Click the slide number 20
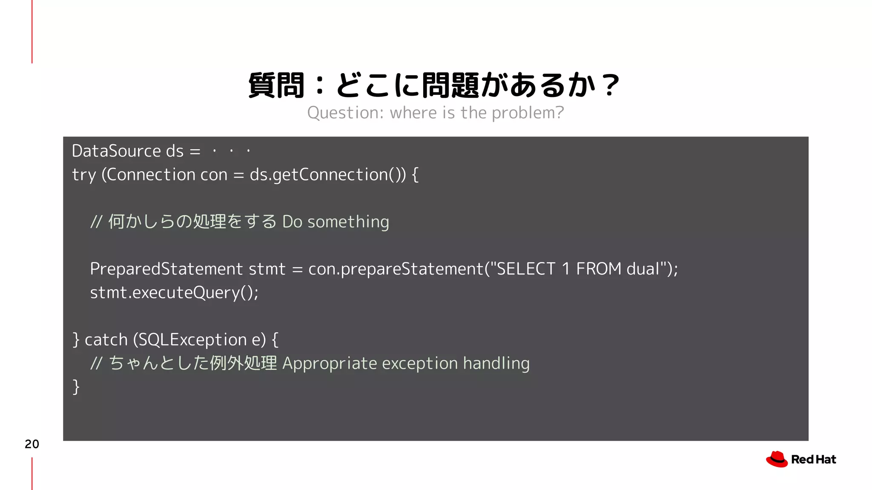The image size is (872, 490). click(32, 444)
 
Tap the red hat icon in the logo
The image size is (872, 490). click(777, 459)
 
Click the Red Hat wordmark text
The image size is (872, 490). click(813, 460)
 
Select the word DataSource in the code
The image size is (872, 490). click(116, 151)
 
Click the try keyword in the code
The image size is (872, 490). click(83, 175)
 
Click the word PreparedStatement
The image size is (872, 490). click(166, 269)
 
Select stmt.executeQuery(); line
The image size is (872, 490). click(174, 293)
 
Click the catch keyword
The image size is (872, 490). click(106, 340)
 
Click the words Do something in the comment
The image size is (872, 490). click(336, 222)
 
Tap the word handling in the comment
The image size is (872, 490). click(496, 363)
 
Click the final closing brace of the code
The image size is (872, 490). click(76, 387)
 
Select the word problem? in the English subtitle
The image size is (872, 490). click(528, 113)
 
